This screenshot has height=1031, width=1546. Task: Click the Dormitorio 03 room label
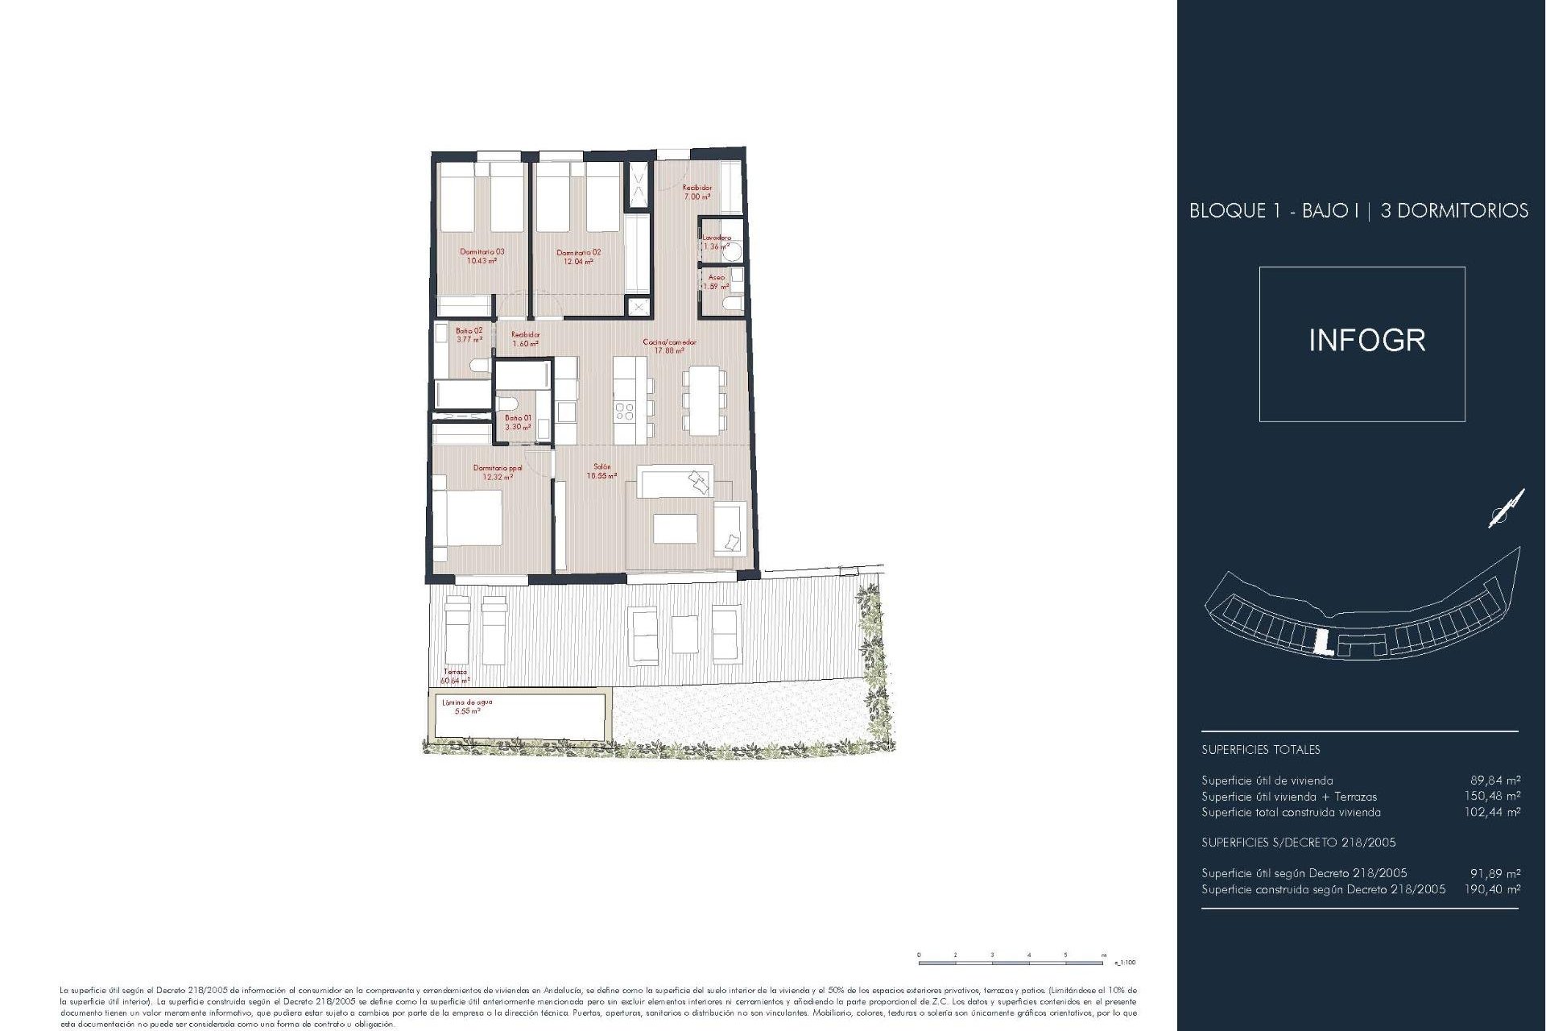[x=482, y=256]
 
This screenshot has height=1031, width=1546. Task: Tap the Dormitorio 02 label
[x=578, y=256]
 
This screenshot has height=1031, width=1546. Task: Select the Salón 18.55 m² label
[x=601, y=471]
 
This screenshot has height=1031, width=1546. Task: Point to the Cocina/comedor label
[x=669, y=346]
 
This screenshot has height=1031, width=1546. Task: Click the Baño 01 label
[x=518, y=422]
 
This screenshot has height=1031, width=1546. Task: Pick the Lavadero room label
[x=716, y=242]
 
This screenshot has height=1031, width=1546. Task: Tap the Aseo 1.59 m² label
[x=716, y=281]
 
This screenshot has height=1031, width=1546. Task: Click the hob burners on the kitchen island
[x=624, y=412]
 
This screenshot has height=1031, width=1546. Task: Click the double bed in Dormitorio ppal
[x=468, y=517]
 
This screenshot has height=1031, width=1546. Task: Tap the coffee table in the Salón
[x=675, y=529]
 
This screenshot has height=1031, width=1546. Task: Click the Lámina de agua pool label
[x=467, y=706]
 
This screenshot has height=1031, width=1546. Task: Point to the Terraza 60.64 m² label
[x=455, y=676]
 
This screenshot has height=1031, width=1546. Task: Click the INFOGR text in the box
[x=1366, y=341]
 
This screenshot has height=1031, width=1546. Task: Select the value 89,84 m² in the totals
[x=1494, y=780]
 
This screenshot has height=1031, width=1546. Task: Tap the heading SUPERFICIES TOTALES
[x=1260, y=749]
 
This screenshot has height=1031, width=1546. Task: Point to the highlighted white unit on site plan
[x=1321, y=642]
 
